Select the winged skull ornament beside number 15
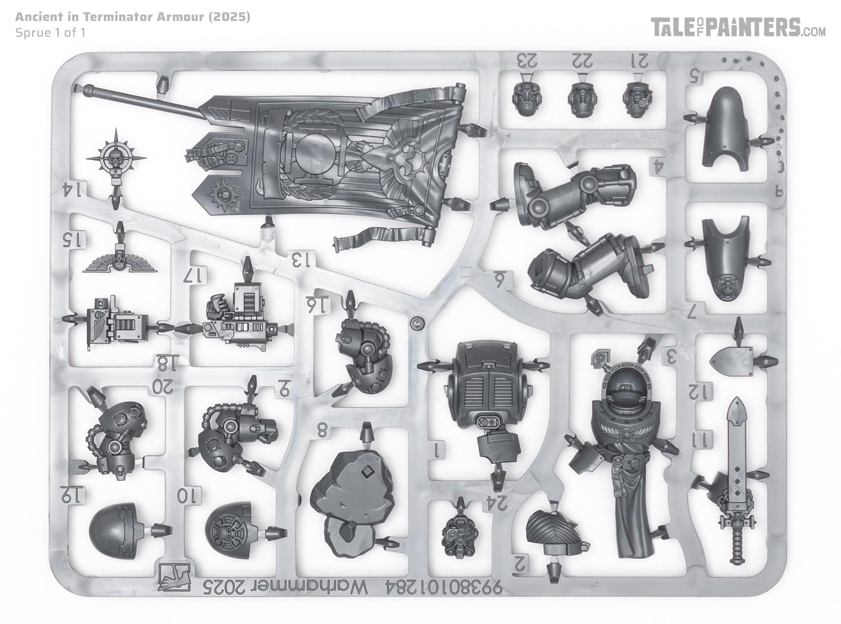[118, 262]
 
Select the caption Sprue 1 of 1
[50, 33]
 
